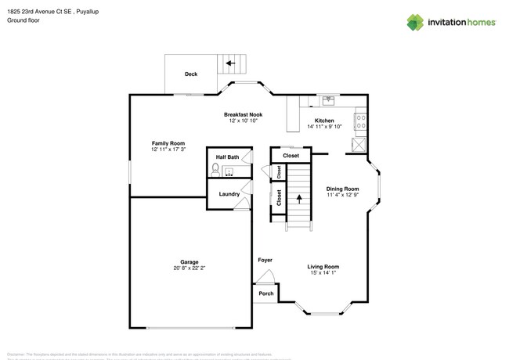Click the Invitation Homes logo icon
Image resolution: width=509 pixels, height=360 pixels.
point(414,23)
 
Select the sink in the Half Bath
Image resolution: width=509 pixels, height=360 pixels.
point(230,171)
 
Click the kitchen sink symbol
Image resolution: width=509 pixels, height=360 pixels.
point(330,100)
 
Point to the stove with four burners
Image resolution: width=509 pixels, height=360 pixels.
point(361,121)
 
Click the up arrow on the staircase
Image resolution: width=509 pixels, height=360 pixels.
point(298,198)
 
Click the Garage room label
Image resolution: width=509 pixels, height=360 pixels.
point(189,262)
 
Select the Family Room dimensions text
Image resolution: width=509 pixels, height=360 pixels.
point(168,149)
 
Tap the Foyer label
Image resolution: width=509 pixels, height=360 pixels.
point(265,260)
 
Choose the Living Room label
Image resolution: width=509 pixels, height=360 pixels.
point(323,267)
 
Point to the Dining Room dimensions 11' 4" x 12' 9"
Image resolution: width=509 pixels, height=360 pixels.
point(342,195)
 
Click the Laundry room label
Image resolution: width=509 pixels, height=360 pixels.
point(229,194)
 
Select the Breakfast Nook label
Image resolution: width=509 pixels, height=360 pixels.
point(243,115)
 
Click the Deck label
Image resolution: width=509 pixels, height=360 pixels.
point(190,74)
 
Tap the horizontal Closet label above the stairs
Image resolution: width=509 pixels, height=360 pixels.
point(291,156)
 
